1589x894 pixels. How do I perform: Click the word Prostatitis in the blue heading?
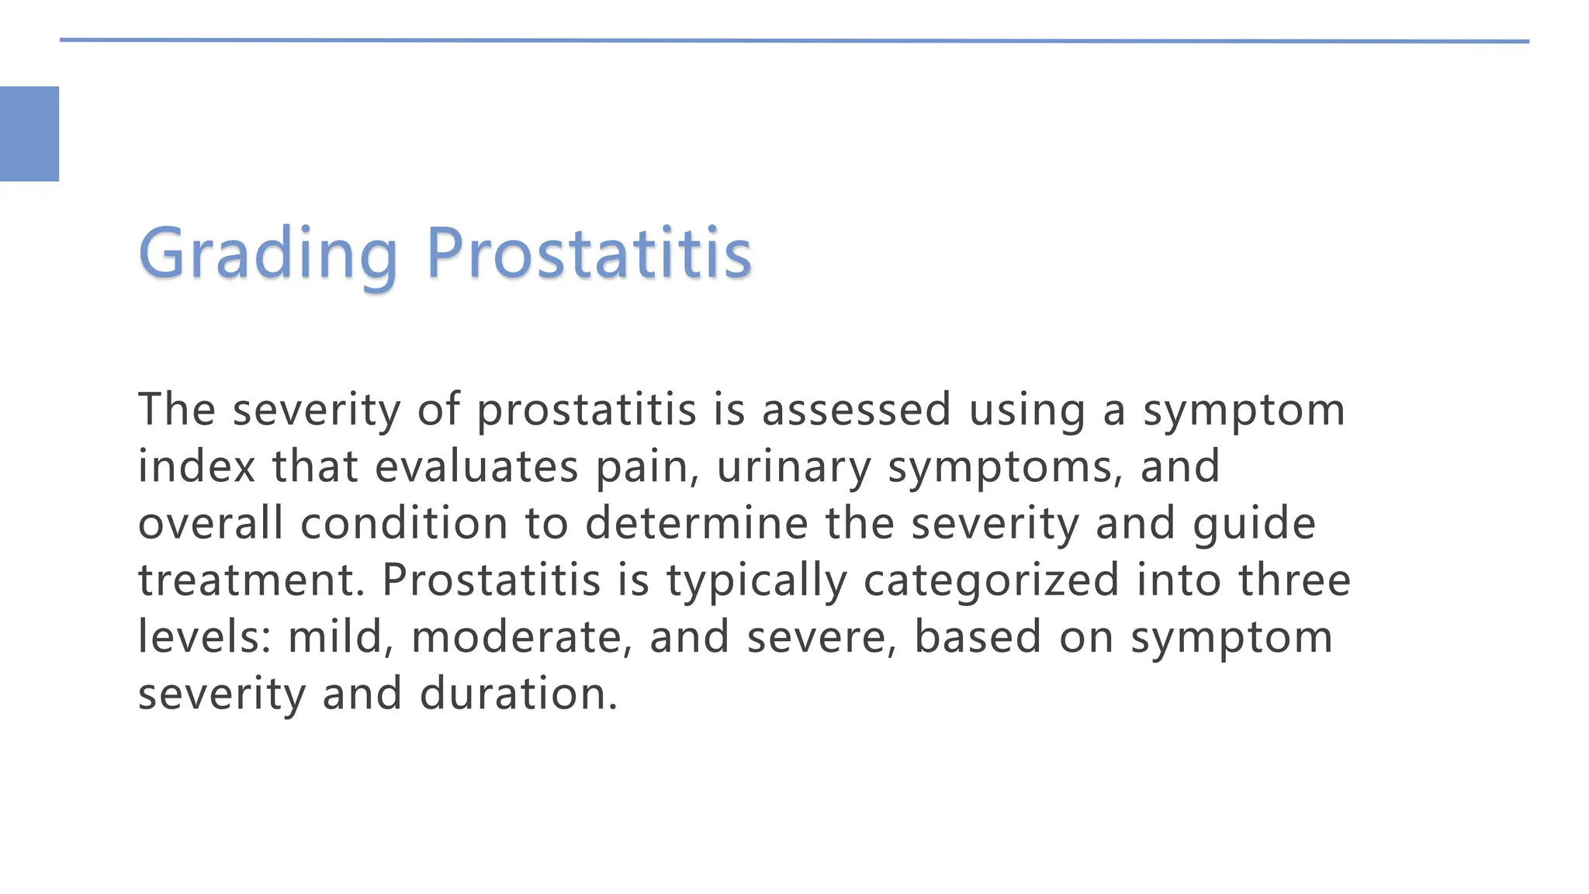coord(589,253)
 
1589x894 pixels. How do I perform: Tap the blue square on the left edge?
coord(29,133)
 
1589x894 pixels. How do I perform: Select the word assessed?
coord(856,409)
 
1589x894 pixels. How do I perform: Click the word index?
coord(196,466)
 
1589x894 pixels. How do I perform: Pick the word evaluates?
coord(476,466)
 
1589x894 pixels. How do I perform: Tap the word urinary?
coord(794,467)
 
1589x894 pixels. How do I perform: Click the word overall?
coord(210,522)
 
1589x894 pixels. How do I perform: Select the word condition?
coord(403,522)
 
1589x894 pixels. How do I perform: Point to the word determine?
coord(696,522)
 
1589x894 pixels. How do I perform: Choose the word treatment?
coord(251,580)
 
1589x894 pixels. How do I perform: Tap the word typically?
coord(756,581)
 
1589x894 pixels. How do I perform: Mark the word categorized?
coord(991,581)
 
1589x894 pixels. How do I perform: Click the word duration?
coord(518,693)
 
